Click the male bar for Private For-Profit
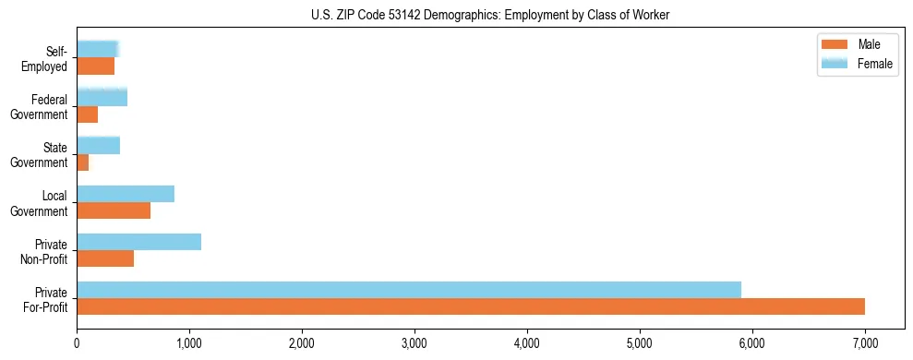coord(471,306)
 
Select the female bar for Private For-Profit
coord(409,290)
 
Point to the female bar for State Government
coord(98,145)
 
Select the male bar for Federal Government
coord(87,114)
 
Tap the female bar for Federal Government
coord(102,97)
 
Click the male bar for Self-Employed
coord(95,66)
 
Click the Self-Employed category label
coord(46,58)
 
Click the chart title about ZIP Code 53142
coord(490,15)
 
